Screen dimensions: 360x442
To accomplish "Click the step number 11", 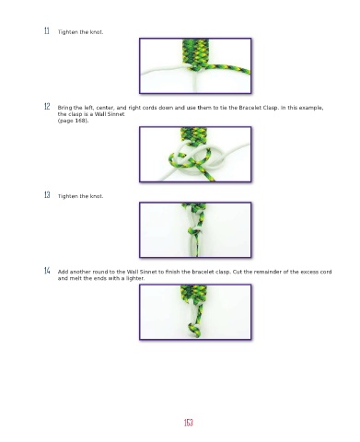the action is pyautogui.click(x=47, y=30).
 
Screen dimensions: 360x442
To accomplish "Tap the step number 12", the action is pyautogui.click(x=47, y=107).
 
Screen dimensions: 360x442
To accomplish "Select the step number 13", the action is pyautogui.click(x=47, y=195).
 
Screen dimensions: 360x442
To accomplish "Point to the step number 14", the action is pyautogui.click(x=47, y=271).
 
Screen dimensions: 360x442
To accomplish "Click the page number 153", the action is pyautogui.click(x=189, y=423).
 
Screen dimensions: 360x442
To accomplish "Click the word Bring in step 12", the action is pyautogui.click(x=64, y=108).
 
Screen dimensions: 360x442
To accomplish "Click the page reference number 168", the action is pyautogui.click(x=80, y=121).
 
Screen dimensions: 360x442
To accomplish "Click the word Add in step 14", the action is pyautogui.click(x=63, y=272).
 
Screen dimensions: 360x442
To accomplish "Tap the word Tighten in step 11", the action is pyautogui.click(x=67, y=32).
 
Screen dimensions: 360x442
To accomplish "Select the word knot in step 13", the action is pyautogui.click(x=97, y=196).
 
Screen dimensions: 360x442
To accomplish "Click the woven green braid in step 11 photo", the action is pyautogui.click(x=195, y=52).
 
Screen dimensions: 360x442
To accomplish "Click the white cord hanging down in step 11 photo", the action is pyautogui.click(x=195, y=80).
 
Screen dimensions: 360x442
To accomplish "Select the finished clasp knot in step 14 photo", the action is pyautogui.click(x=194, y=330).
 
